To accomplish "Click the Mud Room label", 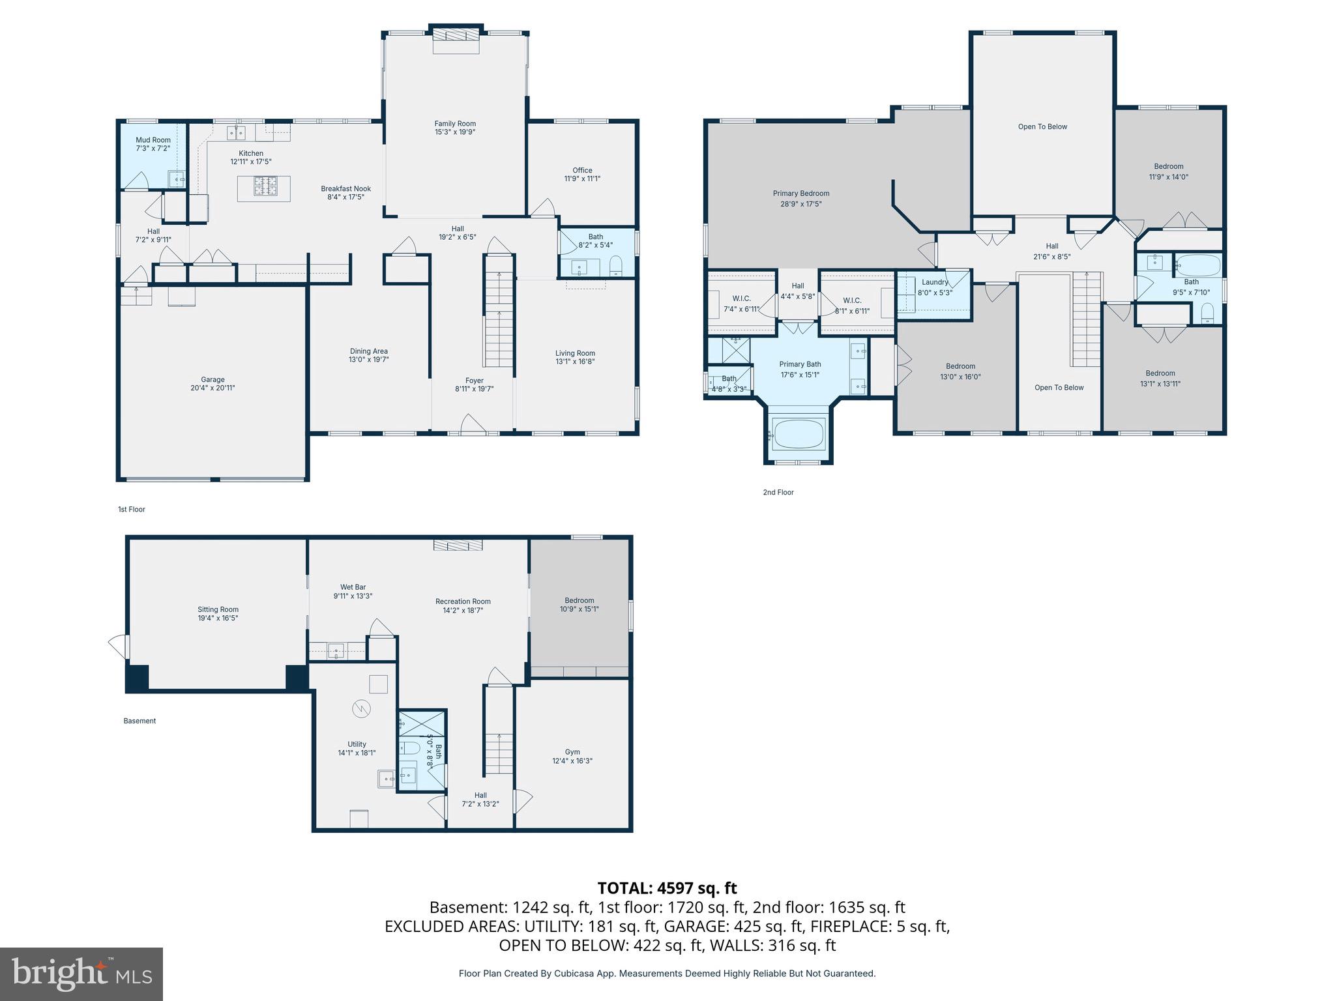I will tap(153, 140).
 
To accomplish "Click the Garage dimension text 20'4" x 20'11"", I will tap(213, 388).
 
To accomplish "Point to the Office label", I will tap(582, 170).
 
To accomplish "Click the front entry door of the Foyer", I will tap(473, 424).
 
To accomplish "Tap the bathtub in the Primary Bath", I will tap(799, 433).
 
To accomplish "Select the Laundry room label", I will tap(935, 282).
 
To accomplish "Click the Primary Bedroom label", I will tap(801, 194).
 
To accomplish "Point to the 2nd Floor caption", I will tap(778, 493).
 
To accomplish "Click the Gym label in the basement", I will tap(572, 752).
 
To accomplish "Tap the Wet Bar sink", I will tap(336, 650).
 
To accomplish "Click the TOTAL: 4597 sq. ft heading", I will tap(667, 888).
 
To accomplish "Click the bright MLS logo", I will tap(81, 974).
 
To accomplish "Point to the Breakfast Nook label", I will tap(345, 189).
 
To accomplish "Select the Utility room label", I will tap(357, 744).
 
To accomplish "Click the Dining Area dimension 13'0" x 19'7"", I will tap(369, 360).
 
